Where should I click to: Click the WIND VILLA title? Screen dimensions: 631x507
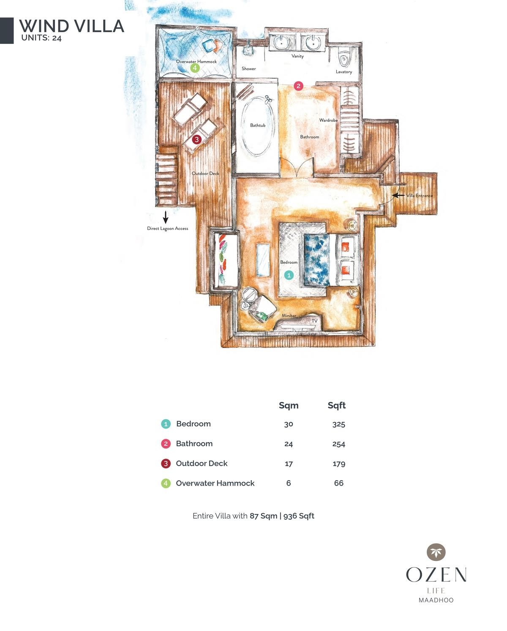[x=71, y=26]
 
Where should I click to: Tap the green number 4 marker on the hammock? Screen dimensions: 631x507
[x=194, y=68]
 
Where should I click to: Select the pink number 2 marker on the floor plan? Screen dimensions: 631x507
[x=298, y=86]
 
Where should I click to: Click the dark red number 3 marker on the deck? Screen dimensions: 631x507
[x=196, y=139]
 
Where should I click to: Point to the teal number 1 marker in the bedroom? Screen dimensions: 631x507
[x=289, y=275]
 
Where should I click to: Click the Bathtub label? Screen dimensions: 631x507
[x=258, y=126]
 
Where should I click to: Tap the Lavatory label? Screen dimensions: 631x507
[x=343, y=72]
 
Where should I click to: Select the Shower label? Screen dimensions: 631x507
[x=248, y=68]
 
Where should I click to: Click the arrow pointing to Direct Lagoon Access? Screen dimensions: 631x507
[x=166, y=217]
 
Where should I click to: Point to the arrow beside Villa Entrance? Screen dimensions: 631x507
[x=398, y=195]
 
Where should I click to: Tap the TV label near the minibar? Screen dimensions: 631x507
[x=314, y=321]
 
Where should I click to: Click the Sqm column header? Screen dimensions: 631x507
[x=289, y=405]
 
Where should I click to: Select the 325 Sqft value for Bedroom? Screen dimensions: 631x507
[x=338, y=424]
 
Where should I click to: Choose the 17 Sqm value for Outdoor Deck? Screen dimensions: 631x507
[x=289, y=464]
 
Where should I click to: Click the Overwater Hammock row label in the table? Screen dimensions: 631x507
[x=215, y=483]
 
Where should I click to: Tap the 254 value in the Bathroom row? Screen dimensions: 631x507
[x=338, y=444]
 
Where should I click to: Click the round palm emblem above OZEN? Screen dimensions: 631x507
[x=436, y=552]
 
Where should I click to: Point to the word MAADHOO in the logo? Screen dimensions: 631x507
[x=436, y=600]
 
